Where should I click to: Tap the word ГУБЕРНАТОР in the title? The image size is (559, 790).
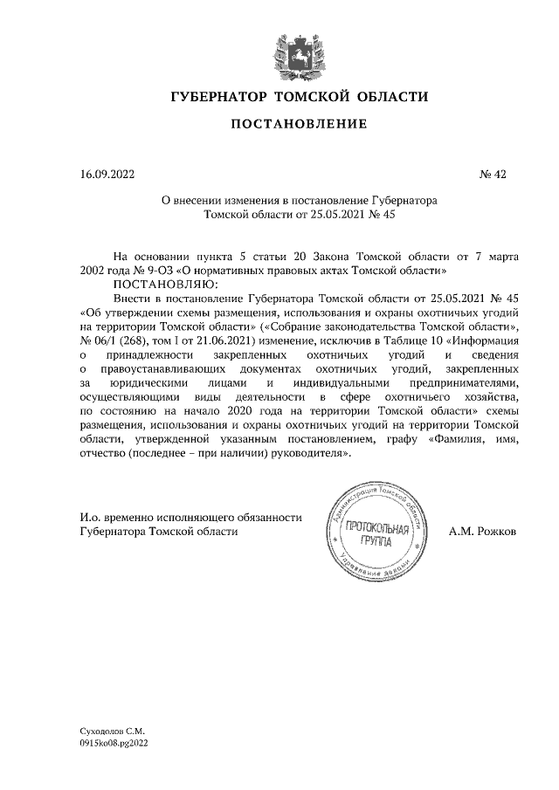coord(218,95)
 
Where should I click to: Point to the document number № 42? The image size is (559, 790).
coord(493,174)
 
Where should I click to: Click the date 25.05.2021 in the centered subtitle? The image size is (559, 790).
coord(338,213)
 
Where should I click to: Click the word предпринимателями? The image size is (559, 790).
coord(468,383)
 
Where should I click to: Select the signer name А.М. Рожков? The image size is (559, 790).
coord(482,530)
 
